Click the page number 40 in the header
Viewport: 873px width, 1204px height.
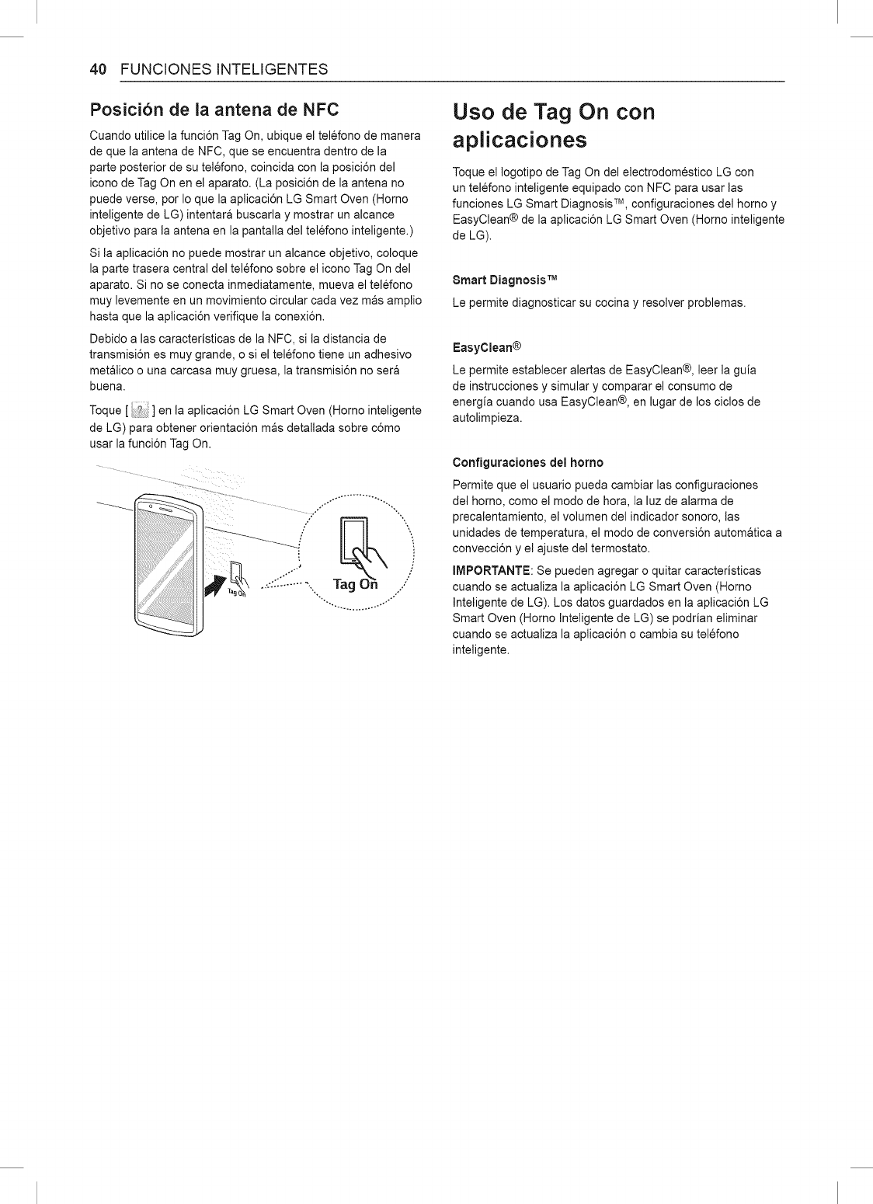97,68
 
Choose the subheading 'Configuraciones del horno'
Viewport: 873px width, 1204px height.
527,462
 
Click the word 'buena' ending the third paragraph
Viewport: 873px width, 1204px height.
106,386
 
